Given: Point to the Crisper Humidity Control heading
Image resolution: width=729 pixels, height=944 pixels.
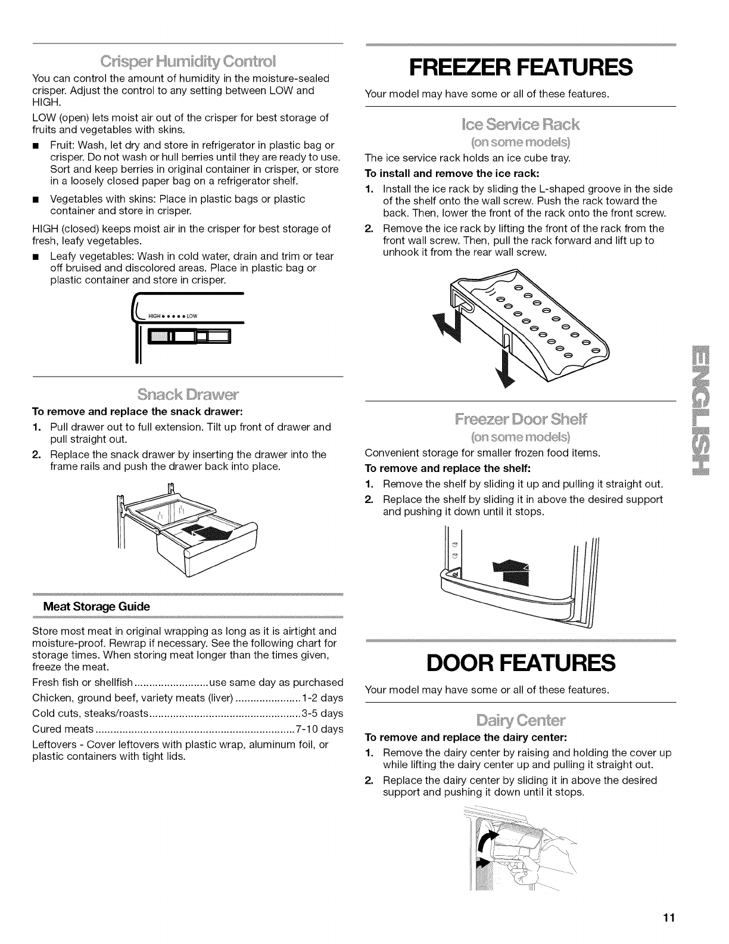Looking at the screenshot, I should pos(188,61).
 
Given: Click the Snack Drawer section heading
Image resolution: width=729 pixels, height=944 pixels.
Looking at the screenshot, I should pos(188,395).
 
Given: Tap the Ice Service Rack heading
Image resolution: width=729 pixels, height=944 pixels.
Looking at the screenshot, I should pos(520,125).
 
